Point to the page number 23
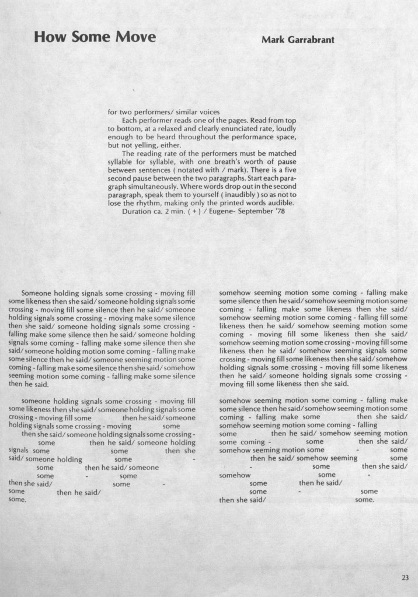click(405, 578)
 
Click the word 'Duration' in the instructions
click(139, 211)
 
